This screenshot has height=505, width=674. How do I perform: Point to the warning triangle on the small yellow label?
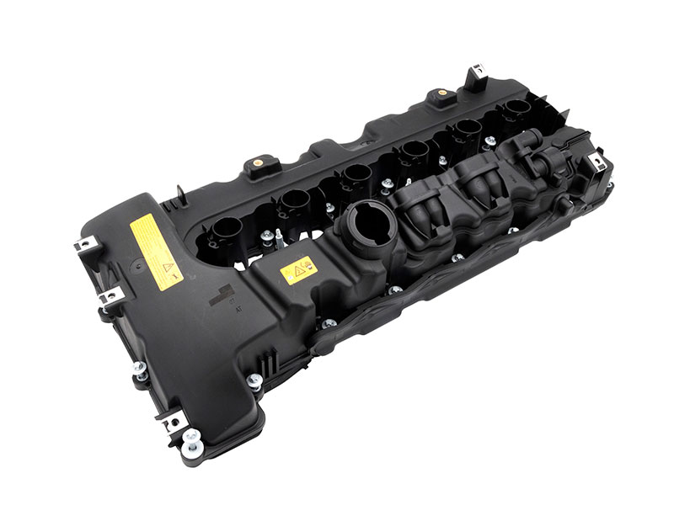297,272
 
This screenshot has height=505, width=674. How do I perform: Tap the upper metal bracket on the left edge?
84,245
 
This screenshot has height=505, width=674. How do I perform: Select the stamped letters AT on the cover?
240,309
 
